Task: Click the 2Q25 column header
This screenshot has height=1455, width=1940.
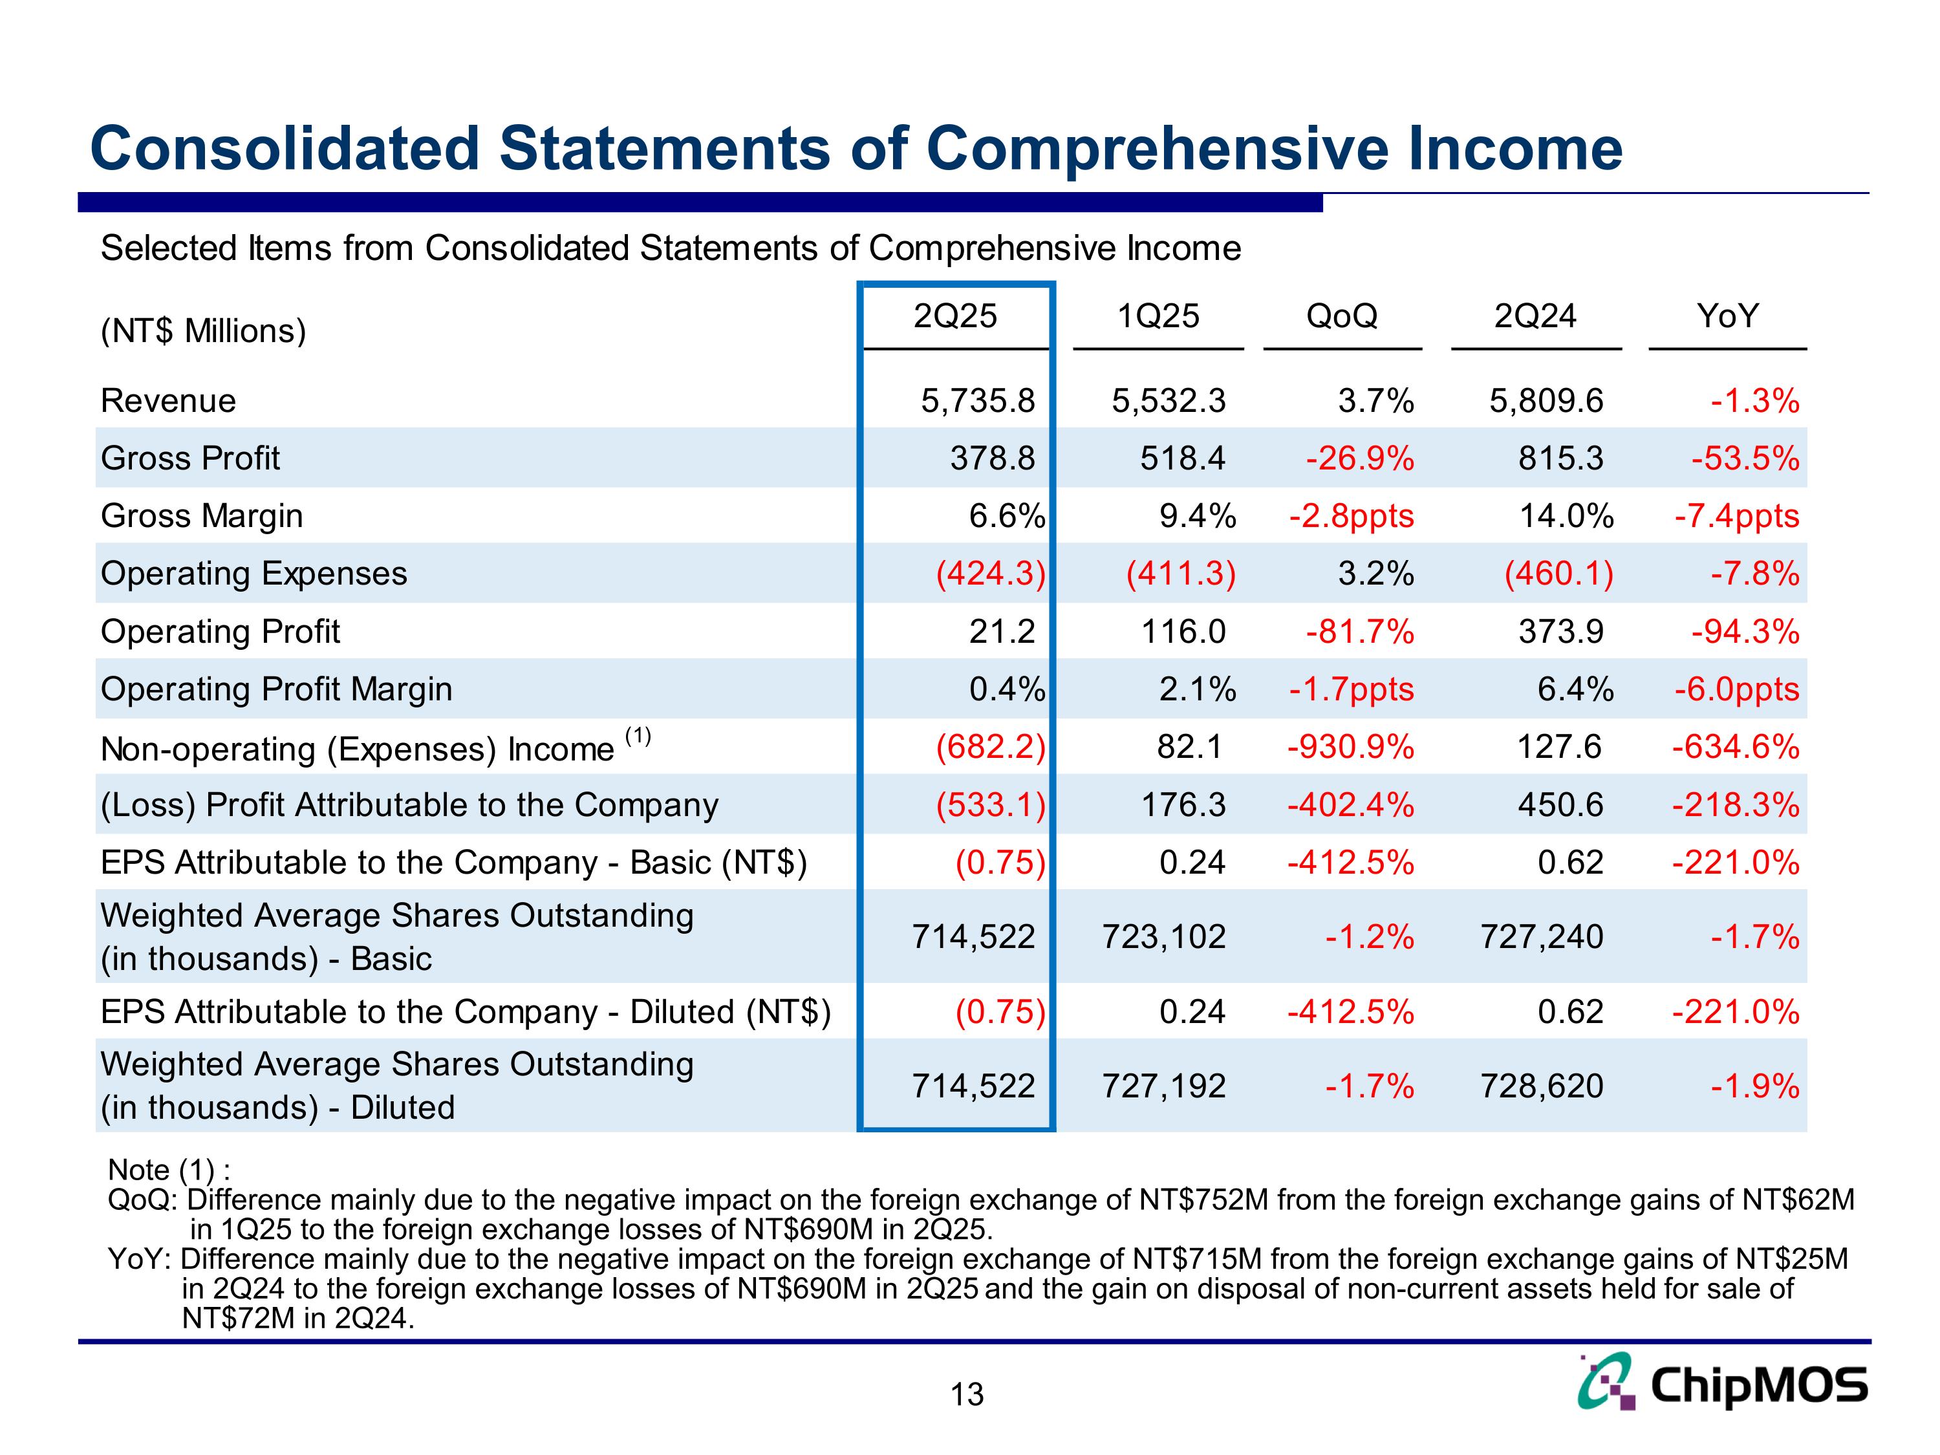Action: (955, 316)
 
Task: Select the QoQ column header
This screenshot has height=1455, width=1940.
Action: (1341, 316)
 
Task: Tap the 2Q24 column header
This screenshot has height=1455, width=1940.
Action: (1535, 316)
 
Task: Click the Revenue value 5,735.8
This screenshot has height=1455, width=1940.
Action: (978, 401)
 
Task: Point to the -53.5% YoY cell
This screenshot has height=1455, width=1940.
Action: (1745, 458)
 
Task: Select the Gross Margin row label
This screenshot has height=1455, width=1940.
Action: (202, 515)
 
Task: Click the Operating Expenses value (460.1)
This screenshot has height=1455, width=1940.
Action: (1558, 574)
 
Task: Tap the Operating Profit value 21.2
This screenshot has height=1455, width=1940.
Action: (1002, 631)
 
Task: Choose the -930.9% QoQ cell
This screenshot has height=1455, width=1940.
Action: (1351, 748)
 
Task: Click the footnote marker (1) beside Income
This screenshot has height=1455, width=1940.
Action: (638, 736)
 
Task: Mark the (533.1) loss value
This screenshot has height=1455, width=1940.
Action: (991, 805)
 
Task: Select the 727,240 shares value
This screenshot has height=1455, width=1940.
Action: (1542, 936)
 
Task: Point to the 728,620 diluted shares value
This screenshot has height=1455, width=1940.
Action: (1542, 1086)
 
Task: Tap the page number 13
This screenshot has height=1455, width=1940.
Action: (967, 1394)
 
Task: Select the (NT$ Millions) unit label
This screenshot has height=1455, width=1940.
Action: (204, 330)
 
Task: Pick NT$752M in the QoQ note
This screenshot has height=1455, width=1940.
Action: (1203, 1199)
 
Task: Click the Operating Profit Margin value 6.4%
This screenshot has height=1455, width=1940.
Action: (1575, 689)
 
